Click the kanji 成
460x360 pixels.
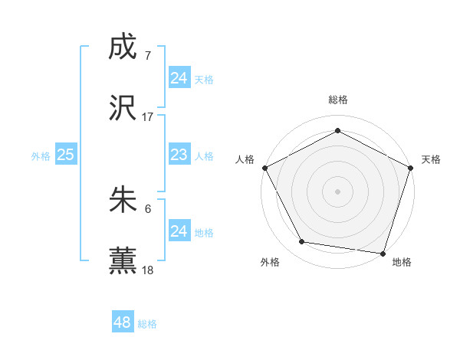point(123,47)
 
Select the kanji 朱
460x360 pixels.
point(123,201)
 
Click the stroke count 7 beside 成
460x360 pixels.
point(148,56)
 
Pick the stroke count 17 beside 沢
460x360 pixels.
point(148,117)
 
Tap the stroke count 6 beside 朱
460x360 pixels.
point(148,209)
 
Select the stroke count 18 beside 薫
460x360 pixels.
point(148,270)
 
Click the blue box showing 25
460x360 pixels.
point(65,155)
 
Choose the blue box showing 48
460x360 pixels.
point(123,322)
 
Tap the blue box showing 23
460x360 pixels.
point(179,155)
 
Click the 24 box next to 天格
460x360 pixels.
point(179,77)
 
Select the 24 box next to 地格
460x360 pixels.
point(179,231)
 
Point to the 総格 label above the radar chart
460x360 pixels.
point(338,100)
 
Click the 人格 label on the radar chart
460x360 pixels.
point(245,159)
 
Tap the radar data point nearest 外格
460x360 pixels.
point(302,242)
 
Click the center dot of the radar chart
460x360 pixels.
point(338,191)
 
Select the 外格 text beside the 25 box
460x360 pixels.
point(41,155)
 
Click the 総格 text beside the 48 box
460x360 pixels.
point(147,324)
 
